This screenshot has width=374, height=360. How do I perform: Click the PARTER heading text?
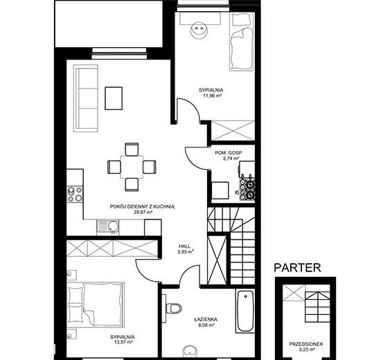(297, 268)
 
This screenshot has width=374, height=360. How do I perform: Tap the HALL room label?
(185, 246)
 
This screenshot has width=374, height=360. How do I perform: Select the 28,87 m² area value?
(143, 212)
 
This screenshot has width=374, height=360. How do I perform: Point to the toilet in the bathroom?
(174, 308)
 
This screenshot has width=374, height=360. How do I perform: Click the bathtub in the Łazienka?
(245, 311)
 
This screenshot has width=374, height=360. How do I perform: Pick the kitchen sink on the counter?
(108, 227)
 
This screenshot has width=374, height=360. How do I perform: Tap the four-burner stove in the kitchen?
(75, 194)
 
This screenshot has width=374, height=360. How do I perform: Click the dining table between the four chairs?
(132, 167)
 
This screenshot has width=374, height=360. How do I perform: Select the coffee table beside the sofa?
(114, 98)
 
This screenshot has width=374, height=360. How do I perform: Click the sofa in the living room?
(86, 98)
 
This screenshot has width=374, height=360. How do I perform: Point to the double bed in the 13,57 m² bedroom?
(96, 305)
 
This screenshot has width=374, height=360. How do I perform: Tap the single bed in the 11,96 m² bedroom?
(242, 42)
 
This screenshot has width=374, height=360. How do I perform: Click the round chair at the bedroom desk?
(198, 30)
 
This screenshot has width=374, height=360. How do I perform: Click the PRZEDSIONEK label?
(306, 344)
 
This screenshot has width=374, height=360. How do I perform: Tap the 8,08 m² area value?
(206, 325)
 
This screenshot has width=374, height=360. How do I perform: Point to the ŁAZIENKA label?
(206, 319)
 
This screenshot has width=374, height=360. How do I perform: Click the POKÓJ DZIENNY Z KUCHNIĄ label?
(143, 206)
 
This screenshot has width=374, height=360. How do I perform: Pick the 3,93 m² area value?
(185, 251)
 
